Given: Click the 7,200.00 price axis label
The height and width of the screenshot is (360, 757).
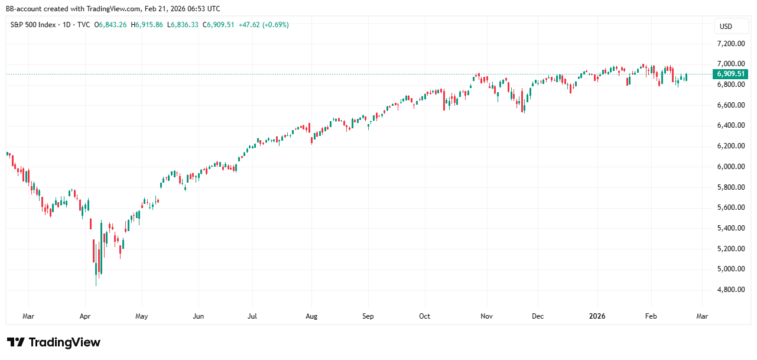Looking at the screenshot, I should pyautogui.click(x=730, y=44).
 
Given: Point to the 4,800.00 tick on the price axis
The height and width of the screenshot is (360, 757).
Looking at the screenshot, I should pyautogui.click(x=730, y=290).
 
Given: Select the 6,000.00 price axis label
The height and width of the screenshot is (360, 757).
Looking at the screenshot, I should pyautogui.click(x=730, y=167).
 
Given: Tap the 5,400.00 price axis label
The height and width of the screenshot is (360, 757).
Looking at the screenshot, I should pyautogui.click(x=730, y=228).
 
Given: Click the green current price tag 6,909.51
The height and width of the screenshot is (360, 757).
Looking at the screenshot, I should pyautogui.click(x=732, y=74).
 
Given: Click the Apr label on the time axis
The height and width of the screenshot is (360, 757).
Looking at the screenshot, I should pyautogui.click(x=85, y=316).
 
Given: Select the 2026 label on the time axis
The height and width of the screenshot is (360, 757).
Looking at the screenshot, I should pyautogui.click(x=597, y=316).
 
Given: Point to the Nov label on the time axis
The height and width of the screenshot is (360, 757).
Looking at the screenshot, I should pyautogui.click(x=486, y=316).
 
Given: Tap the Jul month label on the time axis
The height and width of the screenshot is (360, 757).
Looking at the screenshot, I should pyautogui.click(x=252, y=316).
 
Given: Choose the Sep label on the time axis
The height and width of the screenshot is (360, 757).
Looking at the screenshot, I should pyautogui.click(x=368, y=316).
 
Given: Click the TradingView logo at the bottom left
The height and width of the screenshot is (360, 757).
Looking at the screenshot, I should pyautogui.click(x=54, y=342).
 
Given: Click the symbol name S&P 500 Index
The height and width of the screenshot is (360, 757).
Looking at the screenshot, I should pyautogui.click(x=35, y=25).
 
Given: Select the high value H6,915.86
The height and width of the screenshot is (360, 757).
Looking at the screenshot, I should pyautogui.click(x=148, y=25).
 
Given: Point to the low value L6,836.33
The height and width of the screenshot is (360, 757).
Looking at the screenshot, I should pyautogui.click(x=183, y=25).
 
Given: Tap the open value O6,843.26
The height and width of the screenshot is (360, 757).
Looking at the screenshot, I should pyautogui.click(x=113, y=25).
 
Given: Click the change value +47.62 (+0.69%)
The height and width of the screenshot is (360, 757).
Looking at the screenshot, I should pyautogui.click(x=264, y=25).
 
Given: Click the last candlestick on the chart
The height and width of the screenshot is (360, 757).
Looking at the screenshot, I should pyautogui.click(x=686, y=77).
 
